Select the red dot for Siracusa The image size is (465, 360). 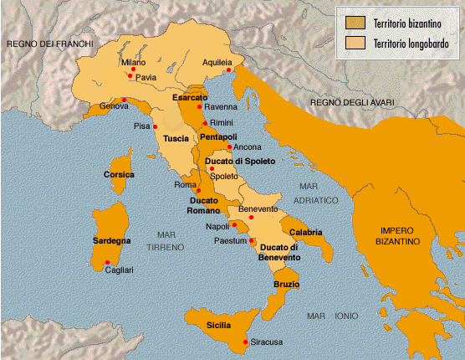point(246,342)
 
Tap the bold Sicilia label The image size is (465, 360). point(219,324)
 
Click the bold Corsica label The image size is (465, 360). point(118,175)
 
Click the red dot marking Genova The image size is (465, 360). point(123,100)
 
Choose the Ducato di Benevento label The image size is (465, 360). point(279,252)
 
